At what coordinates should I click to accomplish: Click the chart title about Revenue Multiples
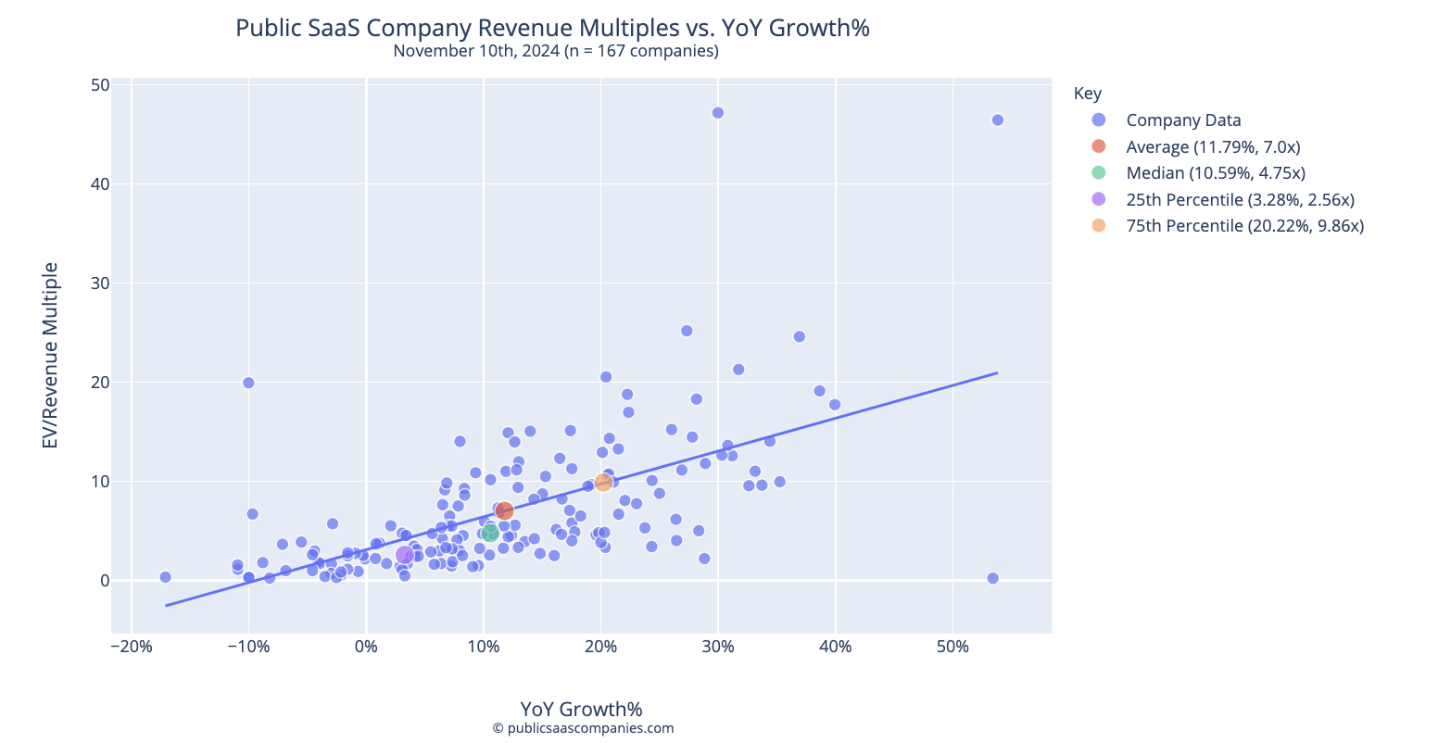[x=552, y=28]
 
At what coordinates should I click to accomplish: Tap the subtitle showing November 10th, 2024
[x=556, y=51]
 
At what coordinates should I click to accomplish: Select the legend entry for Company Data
[x=1183, y=120]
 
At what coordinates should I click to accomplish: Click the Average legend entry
[x=1213, y=146]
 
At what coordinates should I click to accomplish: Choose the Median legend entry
[x=1216, y=172]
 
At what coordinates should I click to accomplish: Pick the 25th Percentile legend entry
[x=1240, y=199]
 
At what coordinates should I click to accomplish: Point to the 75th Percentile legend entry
[x=1244, y=225]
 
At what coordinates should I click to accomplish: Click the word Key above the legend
[x=1087, y=93]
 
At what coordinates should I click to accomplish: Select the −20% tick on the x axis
[x=131, y=646]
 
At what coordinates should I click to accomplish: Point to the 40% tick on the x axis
[x=835, y=646]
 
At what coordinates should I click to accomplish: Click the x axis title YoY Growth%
[x=581, y=709]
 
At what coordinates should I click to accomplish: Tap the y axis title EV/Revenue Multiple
[x=51, y=356]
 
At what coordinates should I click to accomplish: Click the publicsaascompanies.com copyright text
[x=583, y=728]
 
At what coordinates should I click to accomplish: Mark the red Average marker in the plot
[x=504, y=510]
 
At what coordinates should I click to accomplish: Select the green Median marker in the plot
[x=490, y=533]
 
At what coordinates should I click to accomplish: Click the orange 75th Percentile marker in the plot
[x=603, y=482]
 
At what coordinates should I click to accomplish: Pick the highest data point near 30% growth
[x=717, y=113]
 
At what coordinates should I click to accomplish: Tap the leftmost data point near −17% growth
[x=165, y=576]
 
